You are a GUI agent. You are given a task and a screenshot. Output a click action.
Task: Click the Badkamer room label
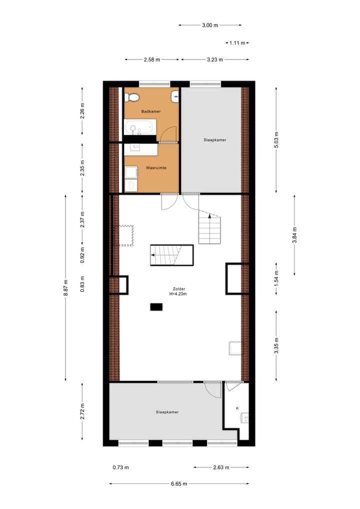(x=150, y=111)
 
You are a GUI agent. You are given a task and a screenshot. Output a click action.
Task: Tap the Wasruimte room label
(x=155, y=168)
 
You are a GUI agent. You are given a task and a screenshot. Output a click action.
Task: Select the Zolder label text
(x=178, y=288)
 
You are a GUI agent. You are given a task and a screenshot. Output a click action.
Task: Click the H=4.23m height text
(x=178, y=294)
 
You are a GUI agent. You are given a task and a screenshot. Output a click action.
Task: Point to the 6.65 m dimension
(x=178, y=483)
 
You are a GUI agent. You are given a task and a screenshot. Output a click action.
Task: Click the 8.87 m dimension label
(x=65, y=288)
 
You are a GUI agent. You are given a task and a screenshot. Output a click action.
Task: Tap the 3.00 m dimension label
(x=210, y=24)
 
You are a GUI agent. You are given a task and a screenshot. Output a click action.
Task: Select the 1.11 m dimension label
(x=237, y=43)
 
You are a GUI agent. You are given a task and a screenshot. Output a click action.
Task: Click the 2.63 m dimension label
(x=220, y=467)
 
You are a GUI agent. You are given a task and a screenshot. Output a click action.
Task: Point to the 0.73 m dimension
(x=120, y=467)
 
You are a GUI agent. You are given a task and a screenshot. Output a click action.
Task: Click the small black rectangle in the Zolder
(x=156, y=307)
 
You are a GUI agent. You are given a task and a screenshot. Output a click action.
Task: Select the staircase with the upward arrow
(x=209, y=229)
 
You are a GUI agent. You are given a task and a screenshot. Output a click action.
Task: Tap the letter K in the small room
(x=237, y=408)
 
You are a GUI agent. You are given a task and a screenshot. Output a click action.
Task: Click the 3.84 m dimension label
(x=294, y=233)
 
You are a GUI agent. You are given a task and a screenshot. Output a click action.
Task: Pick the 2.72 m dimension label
(x=83, y=411)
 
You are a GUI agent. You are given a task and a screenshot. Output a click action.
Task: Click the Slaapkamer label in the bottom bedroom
(x=167, y=412)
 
